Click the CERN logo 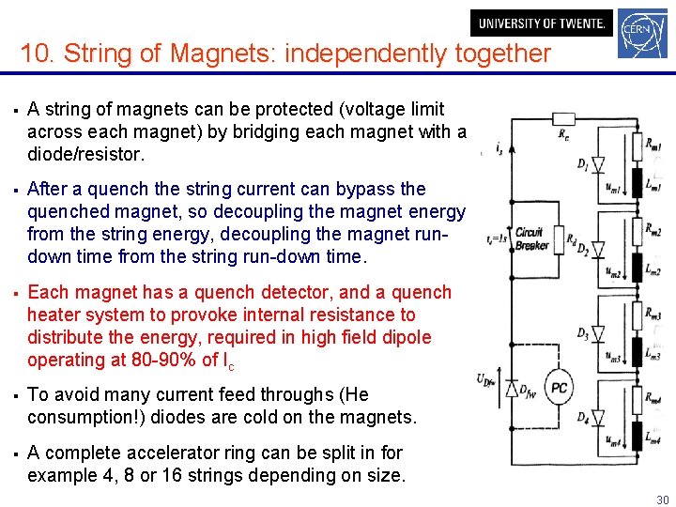click(x=643, y=37)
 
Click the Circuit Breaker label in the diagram click(x=531, y=239)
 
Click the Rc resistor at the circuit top click(x=564, y=120)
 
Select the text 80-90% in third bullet click(x=161, y=360)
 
